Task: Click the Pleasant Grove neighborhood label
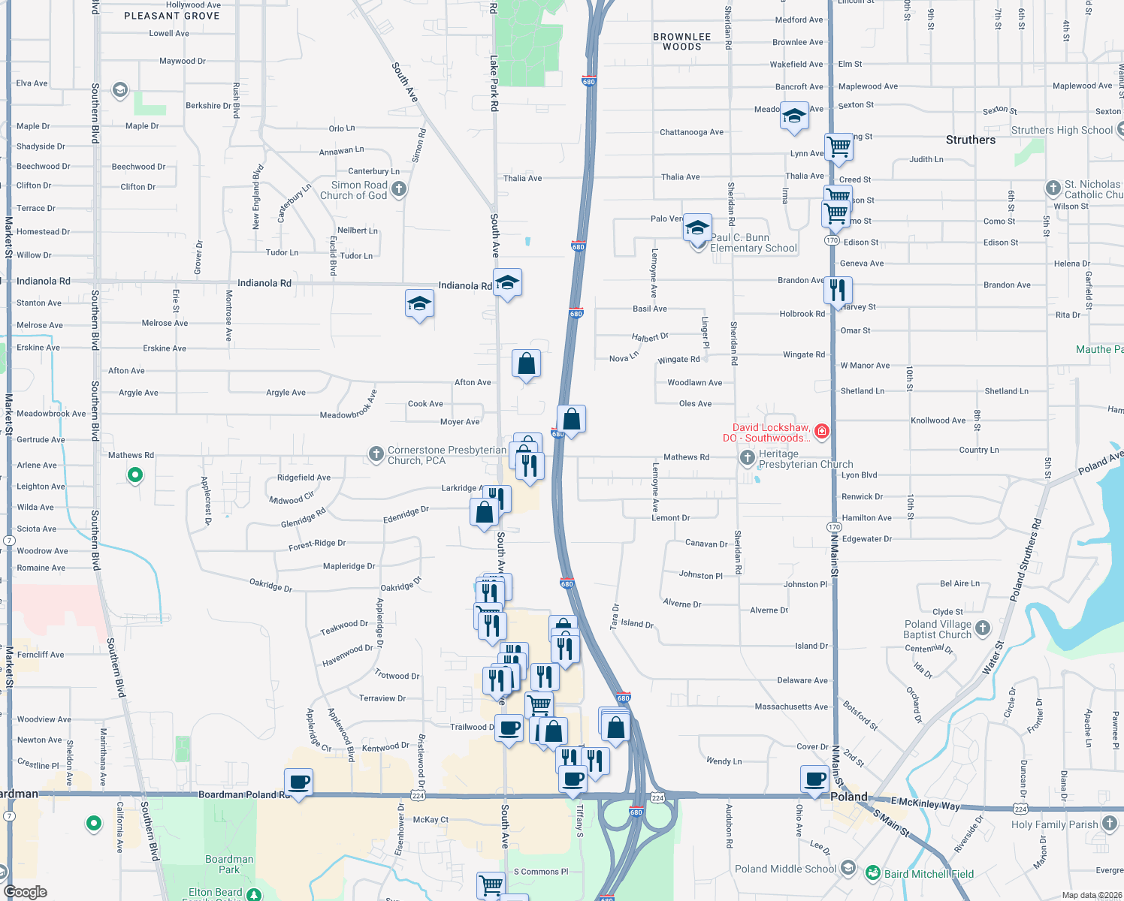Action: tap(171, 16)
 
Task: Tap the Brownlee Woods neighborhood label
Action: tap(681, 41)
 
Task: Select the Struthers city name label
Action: tap(970, 140)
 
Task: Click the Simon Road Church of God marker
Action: tap(399, 189)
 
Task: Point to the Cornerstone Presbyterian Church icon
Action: tap(376, 454)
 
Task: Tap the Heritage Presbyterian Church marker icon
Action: tap(747, 457)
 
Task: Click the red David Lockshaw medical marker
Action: tap(822, 431)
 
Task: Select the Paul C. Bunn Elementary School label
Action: tap(753, 243)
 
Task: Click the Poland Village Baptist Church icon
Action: tap(983, 628)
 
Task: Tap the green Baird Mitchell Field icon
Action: tap(872, 872)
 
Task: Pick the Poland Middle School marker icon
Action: tap(848, 868)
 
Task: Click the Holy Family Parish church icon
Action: tap(1110, 824)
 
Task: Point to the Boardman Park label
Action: tap(229, 864)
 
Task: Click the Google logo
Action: tap(26, 892)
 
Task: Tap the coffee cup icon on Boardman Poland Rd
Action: tap(298, 782)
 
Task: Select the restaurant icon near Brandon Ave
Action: tap(838, 289)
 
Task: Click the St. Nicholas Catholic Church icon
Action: tap(1053, 188)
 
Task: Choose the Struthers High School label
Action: tap(1062, 130)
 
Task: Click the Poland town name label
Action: tap(849, 797)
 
